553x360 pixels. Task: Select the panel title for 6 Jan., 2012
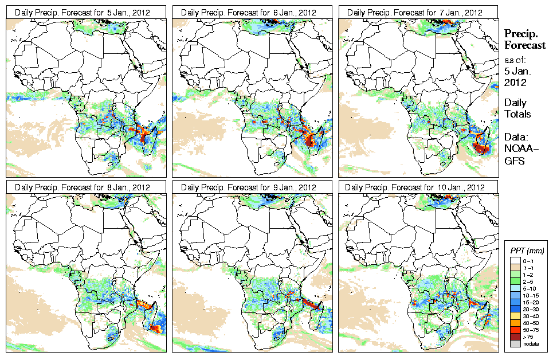click(x=248, y=12)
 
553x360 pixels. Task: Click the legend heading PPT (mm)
click(x=527, y=251)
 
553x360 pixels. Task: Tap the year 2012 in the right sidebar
click(x=514, y=83)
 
